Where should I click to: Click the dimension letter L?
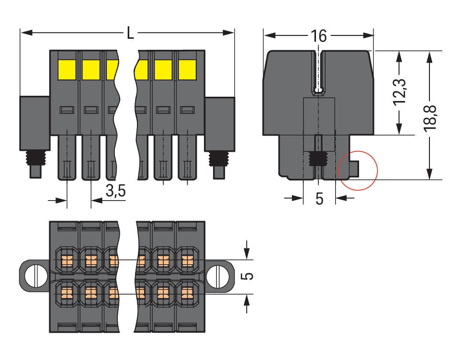[x=130, y=34]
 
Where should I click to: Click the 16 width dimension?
[x=318, y=35]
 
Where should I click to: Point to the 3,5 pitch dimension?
[x=115, y=191]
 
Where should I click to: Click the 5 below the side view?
[x=319, y=198]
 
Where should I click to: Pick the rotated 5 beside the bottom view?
[x=248, y=276]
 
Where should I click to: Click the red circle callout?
[x=358, y=170]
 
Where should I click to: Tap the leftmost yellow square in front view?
[x=67, y=70]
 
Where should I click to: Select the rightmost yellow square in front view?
[x=187, y=70]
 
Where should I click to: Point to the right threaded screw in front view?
[x=218, y=157]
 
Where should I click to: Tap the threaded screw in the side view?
[x=316, y=158]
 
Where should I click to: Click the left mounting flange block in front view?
[x=34, y=124]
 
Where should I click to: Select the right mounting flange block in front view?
[x=219, y=124]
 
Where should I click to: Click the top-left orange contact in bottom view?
[x=67, y=261]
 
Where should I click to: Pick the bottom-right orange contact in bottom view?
[x=188, y=292]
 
